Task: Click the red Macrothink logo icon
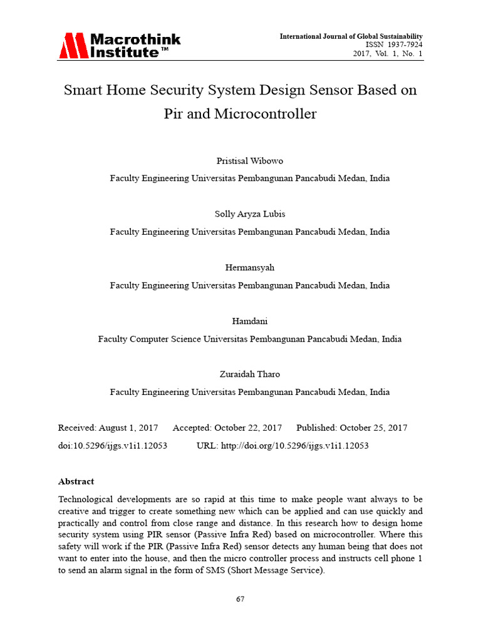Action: [x=73, y=46]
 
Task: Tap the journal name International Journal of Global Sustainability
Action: [x=351, y=37]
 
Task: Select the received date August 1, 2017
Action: [x=128, y=428]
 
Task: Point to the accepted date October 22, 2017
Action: [x=247, y=428]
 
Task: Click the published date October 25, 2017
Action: [x=373, y=428]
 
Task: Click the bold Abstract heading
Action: [x=76, y=481]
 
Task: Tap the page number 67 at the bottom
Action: [x=240, y=599]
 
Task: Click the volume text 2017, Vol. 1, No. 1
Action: [x=388, y=54]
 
